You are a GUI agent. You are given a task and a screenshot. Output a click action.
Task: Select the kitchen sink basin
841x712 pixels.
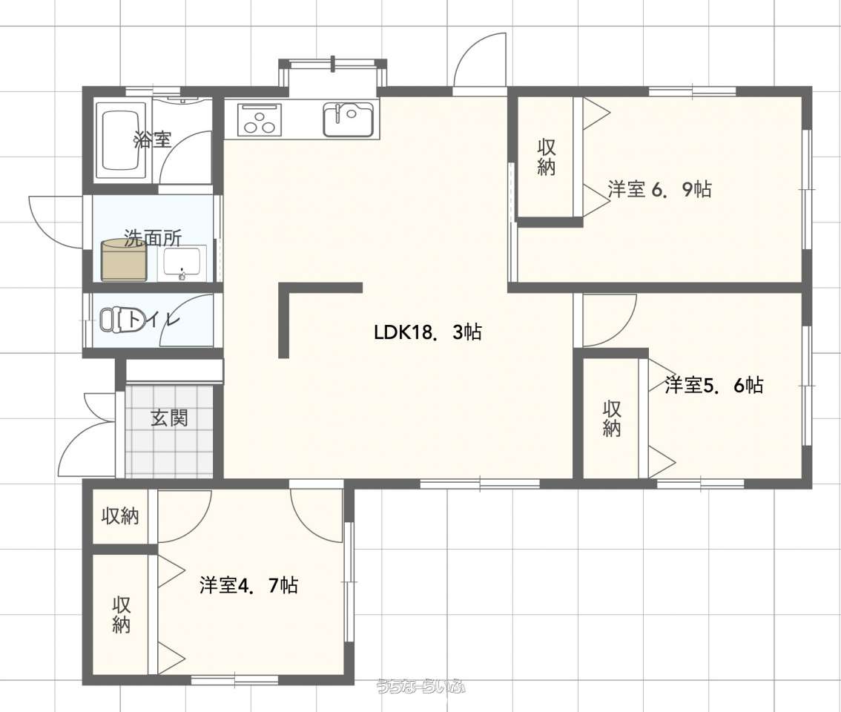(348, 119)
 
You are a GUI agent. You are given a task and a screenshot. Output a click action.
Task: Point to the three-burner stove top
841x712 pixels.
(260, 119)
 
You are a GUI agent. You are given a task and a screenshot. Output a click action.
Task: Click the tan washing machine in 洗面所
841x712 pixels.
(124, 260)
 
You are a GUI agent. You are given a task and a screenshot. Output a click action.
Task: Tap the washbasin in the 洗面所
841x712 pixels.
(182, 263)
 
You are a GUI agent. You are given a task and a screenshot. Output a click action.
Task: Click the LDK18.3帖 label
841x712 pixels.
(427, 333)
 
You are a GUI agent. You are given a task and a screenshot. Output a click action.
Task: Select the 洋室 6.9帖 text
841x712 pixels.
(660, 189)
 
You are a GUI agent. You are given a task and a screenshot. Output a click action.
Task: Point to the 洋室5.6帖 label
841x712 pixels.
(713, 385)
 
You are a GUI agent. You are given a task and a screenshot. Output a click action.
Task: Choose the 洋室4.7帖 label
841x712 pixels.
(249, 585)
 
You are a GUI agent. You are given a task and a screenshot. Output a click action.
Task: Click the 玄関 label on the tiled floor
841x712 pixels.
(169, 418)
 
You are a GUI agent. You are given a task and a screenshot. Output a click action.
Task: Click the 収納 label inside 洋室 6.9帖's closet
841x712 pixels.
(546, 157)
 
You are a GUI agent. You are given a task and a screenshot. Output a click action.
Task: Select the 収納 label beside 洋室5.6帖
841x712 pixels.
(611, 418)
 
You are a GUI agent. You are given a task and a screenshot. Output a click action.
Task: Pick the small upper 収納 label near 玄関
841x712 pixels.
(121, 515)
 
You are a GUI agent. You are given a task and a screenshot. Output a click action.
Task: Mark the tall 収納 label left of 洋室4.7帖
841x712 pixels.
(121, 615)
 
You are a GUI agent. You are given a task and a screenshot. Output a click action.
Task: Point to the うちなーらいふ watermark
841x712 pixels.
(421, 686)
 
